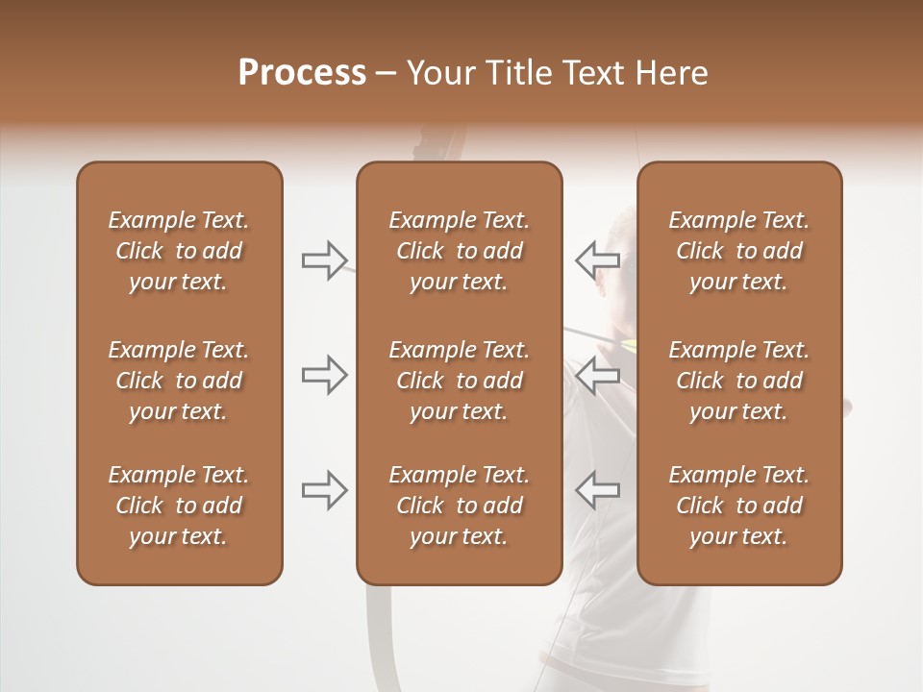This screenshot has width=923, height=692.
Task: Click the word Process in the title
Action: [x=302, y=73]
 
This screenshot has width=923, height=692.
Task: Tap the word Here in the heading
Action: [x=673, y=73]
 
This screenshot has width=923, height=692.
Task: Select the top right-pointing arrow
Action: [x=325, y=260]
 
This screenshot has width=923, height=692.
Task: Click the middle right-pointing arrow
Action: [x=325, y=375]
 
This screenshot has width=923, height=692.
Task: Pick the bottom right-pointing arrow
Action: [x=325, y=490]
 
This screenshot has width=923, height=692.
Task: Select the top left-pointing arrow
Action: [x=597, y=259]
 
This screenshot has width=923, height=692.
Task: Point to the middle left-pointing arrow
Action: [x=597, y=375]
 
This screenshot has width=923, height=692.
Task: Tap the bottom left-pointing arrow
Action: [x=597, y=490]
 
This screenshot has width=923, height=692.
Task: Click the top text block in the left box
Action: [x=179, y=251]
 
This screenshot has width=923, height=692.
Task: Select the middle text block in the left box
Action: [x=179, y=381]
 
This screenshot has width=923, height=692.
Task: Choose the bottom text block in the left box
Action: [x=179, y=506]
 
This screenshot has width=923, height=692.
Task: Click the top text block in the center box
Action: [x=459, y=251]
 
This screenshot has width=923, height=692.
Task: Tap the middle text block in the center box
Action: [x=459, y=381]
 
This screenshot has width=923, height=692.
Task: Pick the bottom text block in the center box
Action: [x=459, y=506]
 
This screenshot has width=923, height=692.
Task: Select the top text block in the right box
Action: [x=739, y=251]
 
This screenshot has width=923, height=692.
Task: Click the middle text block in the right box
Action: [x=739, y=381]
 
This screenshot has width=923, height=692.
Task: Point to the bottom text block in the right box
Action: [x=739, y=506]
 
